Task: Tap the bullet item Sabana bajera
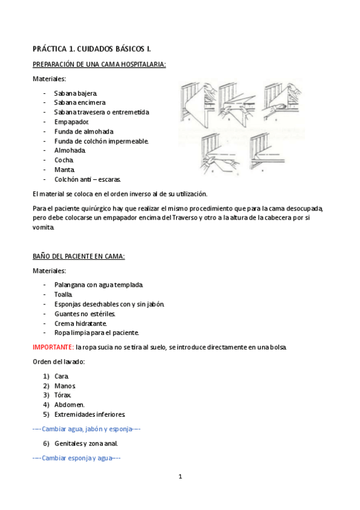[75, 93]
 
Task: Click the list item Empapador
[72, 121]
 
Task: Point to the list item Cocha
[64, 160]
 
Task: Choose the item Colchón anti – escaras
[88, 179]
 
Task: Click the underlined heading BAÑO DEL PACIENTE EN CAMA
[79, 256]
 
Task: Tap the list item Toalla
[64, 294]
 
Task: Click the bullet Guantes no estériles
[85, 313]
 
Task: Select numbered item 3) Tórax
[63, 395]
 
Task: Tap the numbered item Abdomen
[69, 405]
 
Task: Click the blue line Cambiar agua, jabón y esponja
[87, 429]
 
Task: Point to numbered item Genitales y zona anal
[86, 444]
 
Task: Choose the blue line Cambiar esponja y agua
[77, 458]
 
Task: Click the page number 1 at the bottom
[180, 477]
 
